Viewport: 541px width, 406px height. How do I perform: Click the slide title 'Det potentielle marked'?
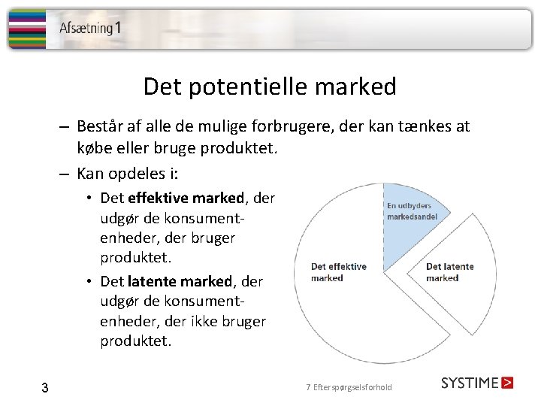point(270,87)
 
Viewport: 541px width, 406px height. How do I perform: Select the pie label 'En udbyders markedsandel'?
point(412,211)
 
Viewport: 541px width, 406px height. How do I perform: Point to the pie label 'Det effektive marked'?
point(339,272)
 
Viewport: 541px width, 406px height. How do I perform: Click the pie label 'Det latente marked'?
point(449,272)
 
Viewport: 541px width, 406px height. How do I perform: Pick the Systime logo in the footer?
point(477,383)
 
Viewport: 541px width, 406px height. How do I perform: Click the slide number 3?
point(45,388)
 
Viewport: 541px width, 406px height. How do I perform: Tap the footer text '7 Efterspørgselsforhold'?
point(349,387)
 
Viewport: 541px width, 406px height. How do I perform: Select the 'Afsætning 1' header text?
point(90,29)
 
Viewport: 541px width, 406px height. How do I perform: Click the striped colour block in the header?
point(26,29)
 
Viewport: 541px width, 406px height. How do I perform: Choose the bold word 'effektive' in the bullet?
point(159,198)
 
